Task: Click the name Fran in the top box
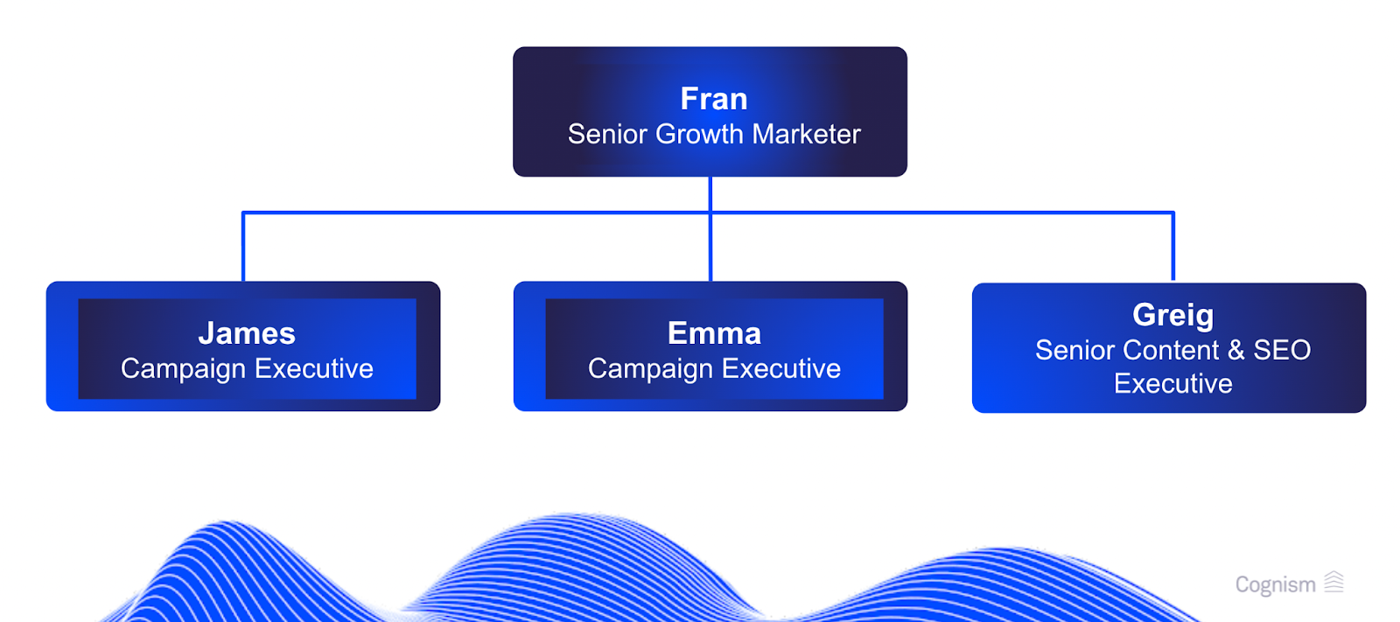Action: coord(714,99)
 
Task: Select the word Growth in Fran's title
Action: coord(700,134)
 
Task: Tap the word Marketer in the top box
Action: coord(806,134)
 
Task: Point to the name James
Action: coord(247,333)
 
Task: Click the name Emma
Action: coord(714,333)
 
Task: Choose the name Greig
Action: coord(1172,315)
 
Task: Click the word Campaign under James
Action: coord(183,369)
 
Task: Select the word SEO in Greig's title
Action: coord(1282,350)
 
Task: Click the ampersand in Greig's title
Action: coord(1235,350)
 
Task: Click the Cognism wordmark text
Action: coord(1275,584)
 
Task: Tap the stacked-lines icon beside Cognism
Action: coord(1333,582)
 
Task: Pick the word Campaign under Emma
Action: coord(650,369)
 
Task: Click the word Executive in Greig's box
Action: coord(1172,384)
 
